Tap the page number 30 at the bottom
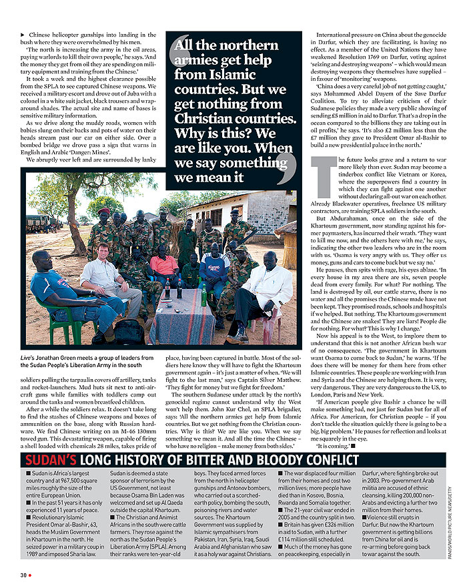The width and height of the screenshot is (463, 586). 23,574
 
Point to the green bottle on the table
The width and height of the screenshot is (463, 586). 203,295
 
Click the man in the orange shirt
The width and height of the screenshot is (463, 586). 163,266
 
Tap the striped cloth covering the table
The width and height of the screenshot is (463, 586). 179,317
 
